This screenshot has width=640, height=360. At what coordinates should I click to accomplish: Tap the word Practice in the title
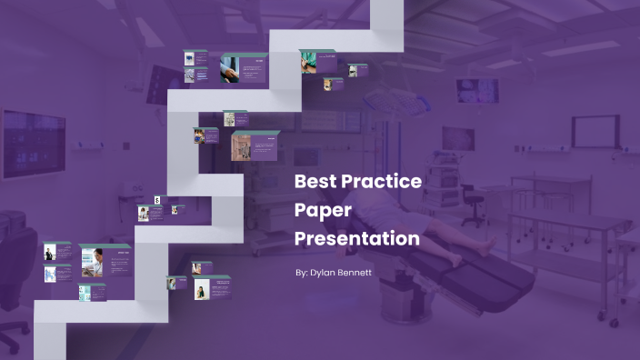coord(383,181)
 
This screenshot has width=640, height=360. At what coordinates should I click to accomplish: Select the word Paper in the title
coord(323,210)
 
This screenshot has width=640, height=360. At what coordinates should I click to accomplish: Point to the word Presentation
coord(357,239)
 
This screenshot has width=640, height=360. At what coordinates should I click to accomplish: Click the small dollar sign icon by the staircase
coord(157,199)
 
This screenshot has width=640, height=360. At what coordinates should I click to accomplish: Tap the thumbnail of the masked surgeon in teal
coord(310,62)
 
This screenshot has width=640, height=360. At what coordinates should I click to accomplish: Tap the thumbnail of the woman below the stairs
coord(200,288)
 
